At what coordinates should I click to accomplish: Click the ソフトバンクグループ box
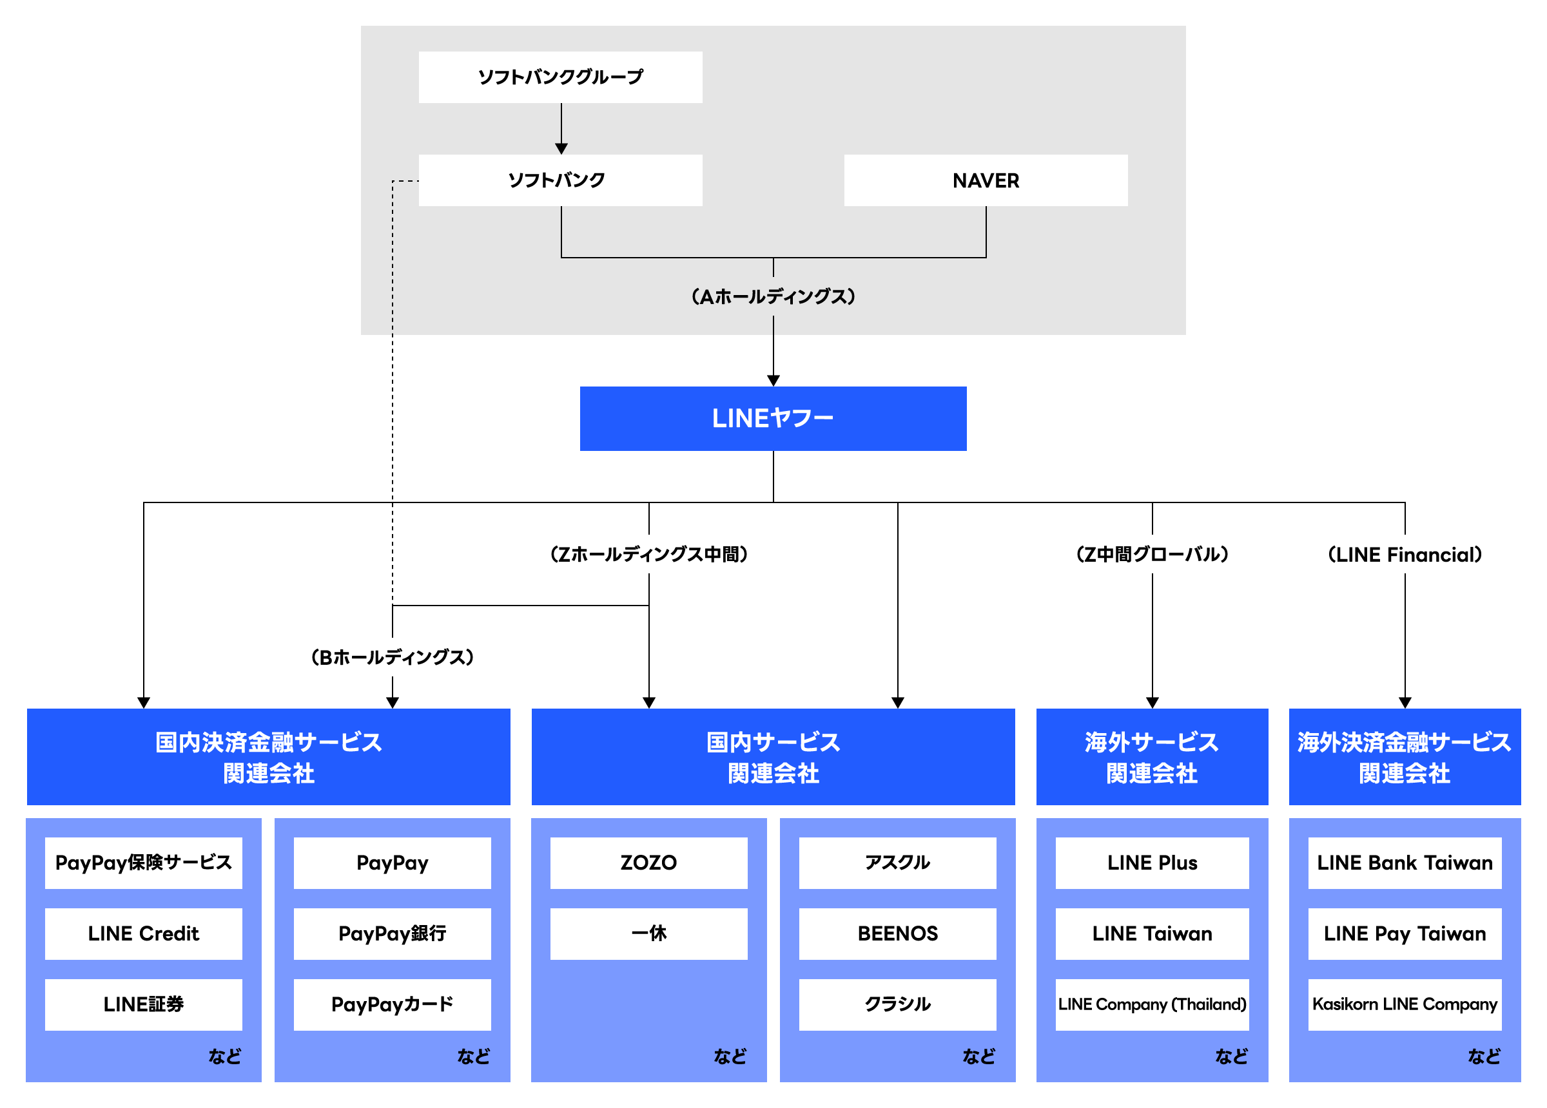tap(560, 77)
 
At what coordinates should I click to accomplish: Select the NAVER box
tap(985, 180)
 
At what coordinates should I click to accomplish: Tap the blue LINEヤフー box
tap(773, 418)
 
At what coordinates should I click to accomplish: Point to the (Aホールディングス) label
tap(773, 296)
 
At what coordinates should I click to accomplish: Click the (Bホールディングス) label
tap(392, 657)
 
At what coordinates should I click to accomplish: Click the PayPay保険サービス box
tap(143, 863)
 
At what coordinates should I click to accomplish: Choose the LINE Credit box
tap(143, 933)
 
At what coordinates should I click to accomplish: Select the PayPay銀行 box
tap(392, 933)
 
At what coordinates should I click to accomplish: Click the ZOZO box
tap(648, 863)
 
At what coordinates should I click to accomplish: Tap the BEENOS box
tap(897, 933)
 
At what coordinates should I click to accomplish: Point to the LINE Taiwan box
tap(1151, 933)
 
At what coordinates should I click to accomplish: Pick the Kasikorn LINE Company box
tap(1404, 1004)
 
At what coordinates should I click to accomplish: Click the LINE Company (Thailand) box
tap(1151, 1004)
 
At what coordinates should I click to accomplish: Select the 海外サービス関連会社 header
tap(1151, 757)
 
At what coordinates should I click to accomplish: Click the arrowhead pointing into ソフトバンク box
tap(561, 149)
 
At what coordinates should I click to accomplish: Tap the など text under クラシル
tap(978, 1056)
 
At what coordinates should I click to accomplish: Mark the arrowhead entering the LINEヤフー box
tap(773, 381)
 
